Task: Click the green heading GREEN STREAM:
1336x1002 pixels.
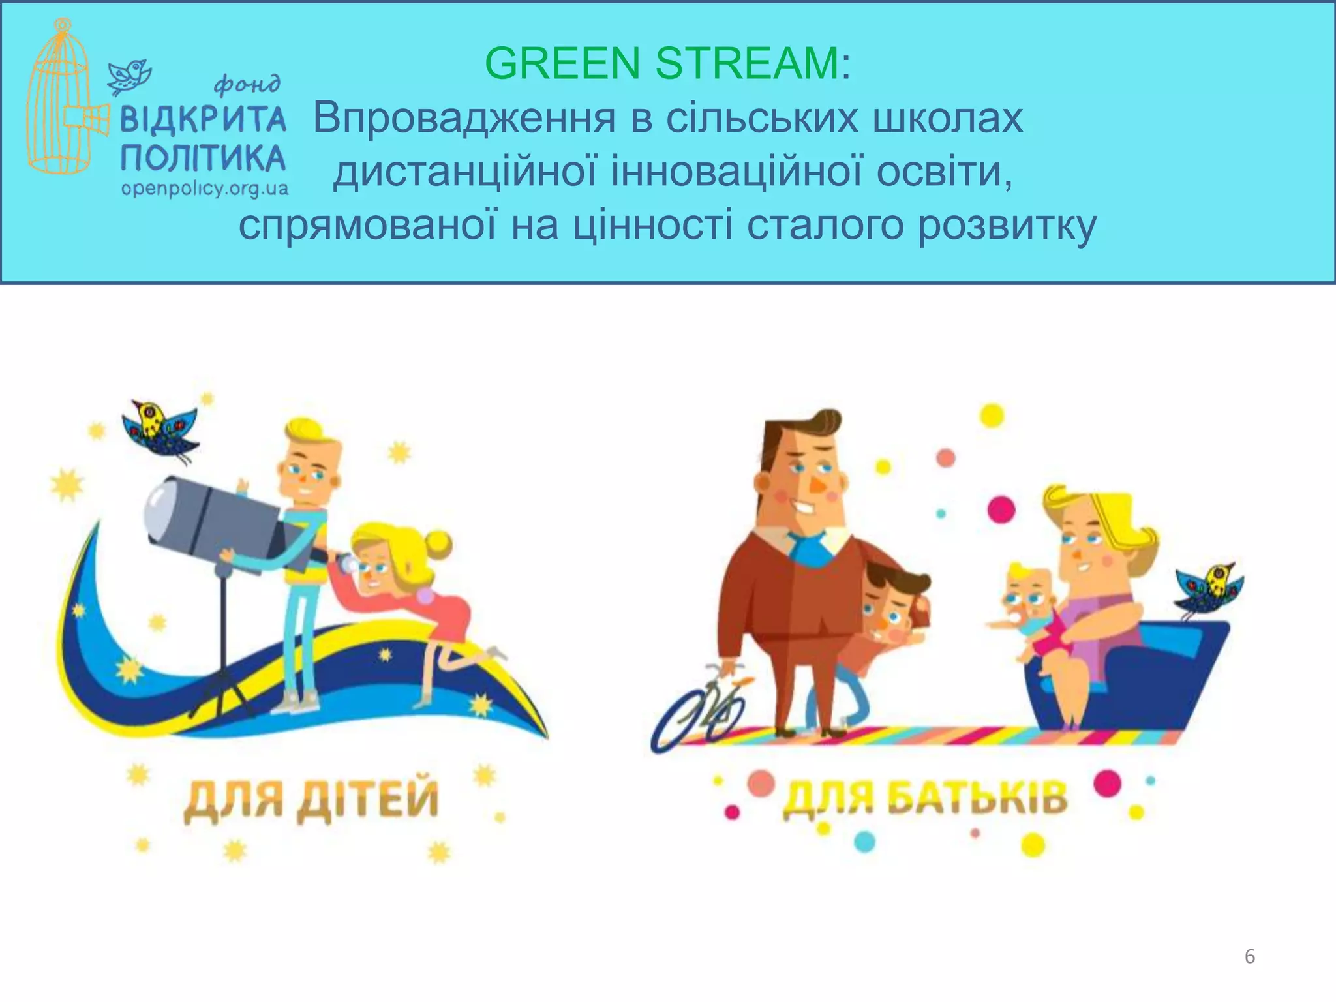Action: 667,63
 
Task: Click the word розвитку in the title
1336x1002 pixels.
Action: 1007,225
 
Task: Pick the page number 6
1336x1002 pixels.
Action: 1249,956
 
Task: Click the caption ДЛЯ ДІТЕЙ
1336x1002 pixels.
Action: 311,798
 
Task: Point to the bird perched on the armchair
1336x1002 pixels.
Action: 1209,588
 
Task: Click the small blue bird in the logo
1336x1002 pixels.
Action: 130,75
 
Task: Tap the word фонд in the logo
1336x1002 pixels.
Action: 247,83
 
